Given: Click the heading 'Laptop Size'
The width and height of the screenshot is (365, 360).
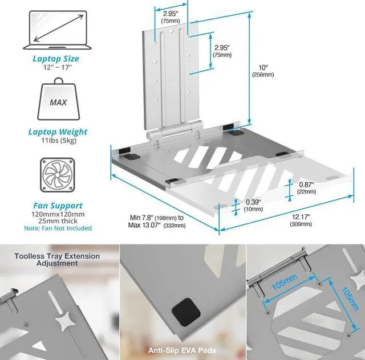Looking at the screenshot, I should [55, 59].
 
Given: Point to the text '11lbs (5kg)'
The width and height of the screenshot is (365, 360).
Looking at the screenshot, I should [55, 142].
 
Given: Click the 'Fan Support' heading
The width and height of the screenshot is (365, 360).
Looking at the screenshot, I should [55, 205].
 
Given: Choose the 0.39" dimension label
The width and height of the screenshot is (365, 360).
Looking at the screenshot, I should [253, 202].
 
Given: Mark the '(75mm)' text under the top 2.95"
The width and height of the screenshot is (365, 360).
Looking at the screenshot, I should [169, 21].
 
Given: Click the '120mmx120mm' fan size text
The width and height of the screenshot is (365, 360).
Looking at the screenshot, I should [55, 214].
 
